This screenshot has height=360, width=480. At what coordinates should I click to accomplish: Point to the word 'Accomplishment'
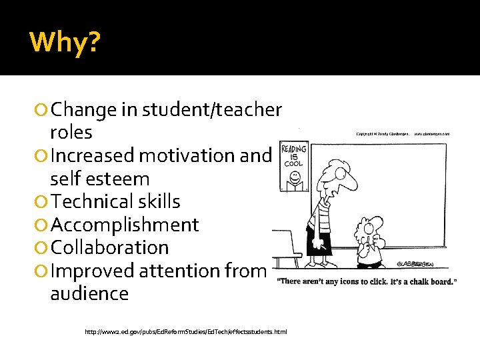pos(124,225)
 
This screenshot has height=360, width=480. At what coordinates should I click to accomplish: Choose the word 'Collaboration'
pos(109,247)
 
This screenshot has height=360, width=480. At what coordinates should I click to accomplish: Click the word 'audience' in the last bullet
pos(89,293)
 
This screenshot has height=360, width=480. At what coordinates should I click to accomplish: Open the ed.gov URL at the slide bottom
pos(186,331)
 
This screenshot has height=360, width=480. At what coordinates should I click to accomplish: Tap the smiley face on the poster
pos(293,180)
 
